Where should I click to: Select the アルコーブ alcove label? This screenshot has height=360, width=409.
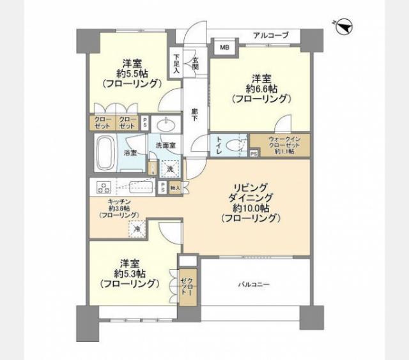(x=270, y=35)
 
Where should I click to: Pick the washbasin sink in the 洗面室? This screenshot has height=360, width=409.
(x=169, y=125)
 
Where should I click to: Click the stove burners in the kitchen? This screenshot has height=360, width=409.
(x=104, y=187)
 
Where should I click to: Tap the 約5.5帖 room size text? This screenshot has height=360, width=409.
(x=133, y=73)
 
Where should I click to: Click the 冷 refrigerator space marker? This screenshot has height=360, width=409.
(x=137, y=227)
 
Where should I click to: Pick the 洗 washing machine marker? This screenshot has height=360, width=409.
(x=170, y=169)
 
